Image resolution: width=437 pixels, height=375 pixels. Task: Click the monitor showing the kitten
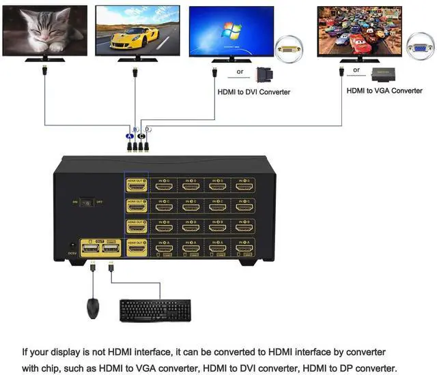click(45, 31)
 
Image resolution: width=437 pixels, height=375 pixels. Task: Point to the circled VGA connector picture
click(419, 48)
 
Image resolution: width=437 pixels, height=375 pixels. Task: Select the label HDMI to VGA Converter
click(384, 91)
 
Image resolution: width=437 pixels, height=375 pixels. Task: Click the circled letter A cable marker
click(130, 136)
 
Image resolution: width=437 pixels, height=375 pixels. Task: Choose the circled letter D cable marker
click(147, 130)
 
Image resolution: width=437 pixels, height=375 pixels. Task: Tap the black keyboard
click(156, 310)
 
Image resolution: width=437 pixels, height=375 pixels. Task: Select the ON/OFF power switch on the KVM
click(87, 202)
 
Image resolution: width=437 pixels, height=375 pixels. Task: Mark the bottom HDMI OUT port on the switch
click(137, 247)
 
